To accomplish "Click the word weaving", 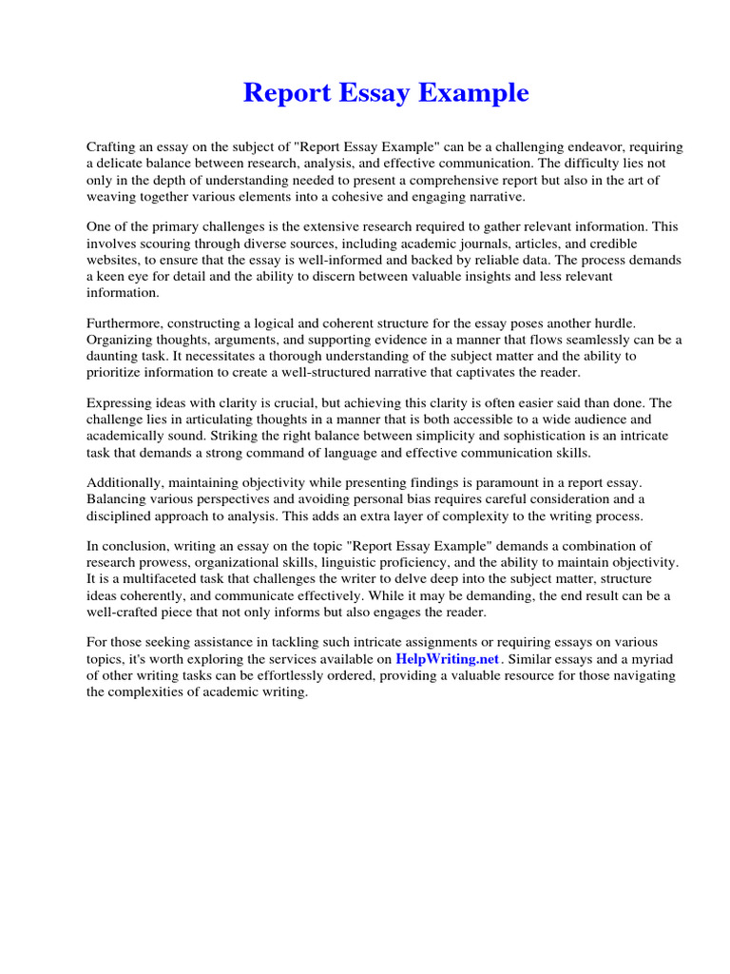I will pyautogui.click(x=111, y=196).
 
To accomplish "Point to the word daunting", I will pyautogui.click(x=115, y=356).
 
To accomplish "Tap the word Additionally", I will pyautogui.click(x=127, y=483).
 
